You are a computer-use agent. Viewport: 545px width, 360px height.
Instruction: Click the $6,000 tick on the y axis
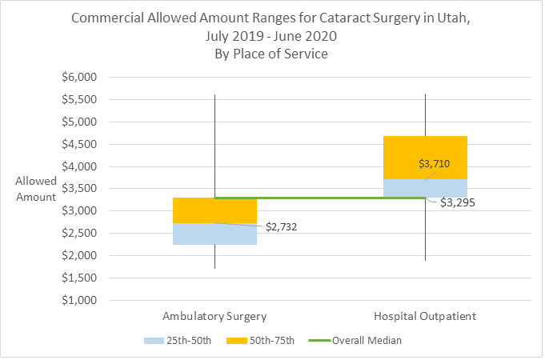tap(79, 78)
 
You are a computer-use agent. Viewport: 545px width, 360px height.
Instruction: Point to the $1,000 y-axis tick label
tap(79, 301)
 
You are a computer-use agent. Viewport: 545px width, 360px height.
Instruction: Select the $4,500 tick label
tap(79, 145)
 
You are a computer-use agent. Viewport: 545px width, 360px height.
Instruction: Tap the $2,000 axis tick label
tap(79, 256)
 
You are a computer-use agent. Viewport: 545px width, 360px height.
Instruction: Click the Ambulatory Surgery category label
tap(214, 316)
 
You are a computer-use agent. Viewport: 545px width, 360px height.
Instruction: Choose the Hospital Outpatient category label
tap(425, 316)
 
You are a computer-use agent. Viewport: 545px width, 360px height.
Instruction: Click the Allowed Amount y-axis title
tap(36, 189)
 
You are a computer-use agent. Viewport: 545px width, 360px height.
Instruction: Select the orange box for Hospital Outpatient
tap(425, 152)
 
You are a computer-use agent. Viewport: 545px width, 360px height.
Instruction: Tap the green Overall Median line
tap(320, 198)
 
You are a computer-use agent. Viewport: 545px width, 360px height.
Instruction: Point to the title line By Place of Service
tap(271, 54)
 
